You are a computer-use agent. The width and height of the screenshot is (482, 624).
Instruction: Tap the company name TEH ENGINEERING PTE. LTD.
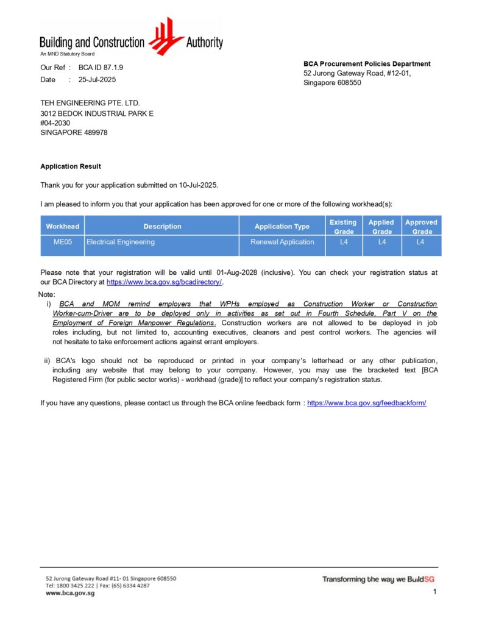pyautogui.click(x=94, y=104)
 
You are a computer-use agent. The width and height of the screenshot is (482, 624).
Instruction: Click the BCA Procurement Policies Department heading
pyautogui.click(x=367, y=64)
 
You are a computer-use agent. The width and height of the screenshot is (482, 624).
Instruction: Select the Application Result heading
pyautogui.click(x=71, y=166)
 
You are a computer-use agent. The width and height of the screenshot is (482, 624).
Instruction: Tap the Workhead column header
pyautogui.click(x=62, y=227)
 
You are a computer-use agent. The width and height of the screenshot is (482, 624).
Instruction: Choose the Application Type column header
pyautogui.click(x=282, y=227)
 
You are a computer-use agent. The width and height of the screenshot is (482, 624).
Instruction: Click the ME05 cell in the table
pyautogui.click(x=62, y=243)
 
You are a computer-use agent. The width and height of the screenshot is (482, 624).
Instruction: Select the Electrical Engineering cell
pyautogui.click(x=121, y=243)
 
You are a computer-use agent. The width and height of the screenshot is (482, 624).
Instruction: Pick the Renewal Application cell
pyautogui.click(x=282, y=243)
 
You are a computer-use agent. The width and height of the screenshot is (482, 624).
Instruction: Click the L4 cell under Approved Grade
pyautogui.click(x=420, y=243)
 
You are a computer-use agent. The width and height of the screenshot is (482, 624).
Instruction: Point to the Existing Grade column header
pyautogui.click(x=343, y=227)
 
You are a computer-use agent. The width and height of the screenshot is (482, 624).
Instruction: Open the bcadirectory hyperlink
pyautogui.click(x=165, y=283)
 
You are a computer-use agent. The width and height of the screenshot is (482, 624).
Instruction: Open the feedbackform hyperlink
pyautogui.click(x=367, y=403)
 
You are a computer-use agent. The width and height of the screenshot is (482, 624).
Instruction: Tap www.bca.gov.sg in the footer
pyautogui.click(x=70, y=593)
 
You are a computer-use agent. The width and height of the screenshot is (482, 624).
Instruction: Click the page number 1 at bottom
pyautogui.click(x=434, y=592)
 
